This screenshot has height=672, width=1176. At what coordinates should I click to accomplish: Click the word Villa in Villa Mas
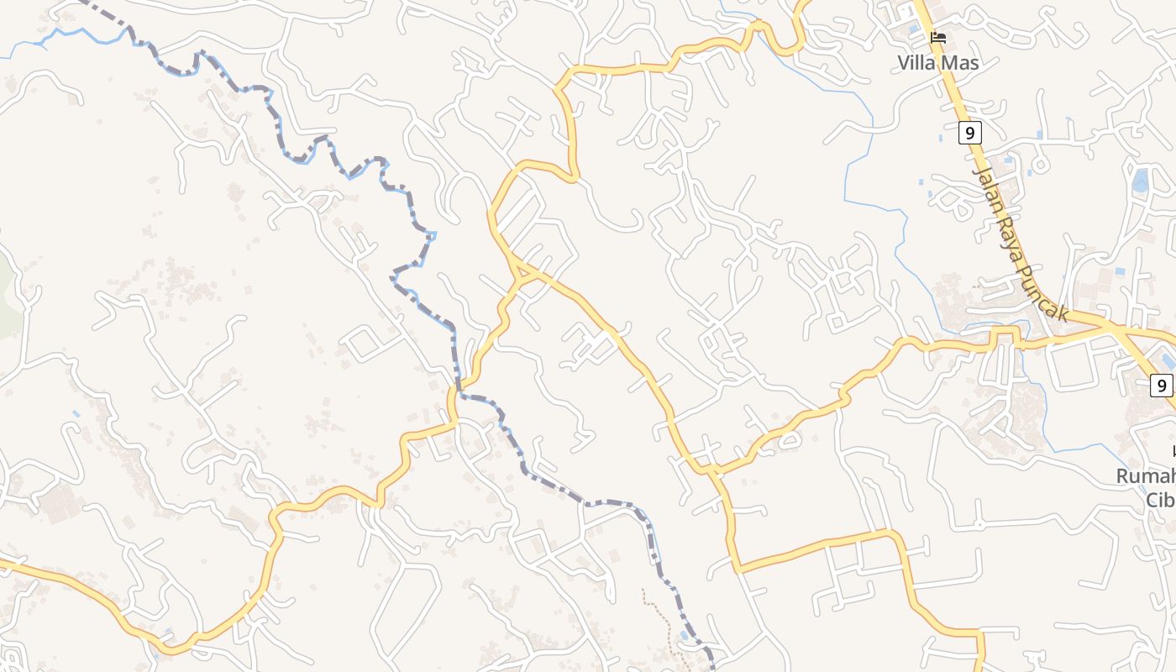click(916, 63)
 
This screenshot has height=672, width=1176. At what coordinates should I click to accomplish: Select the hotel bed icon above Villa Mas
click(938, 38)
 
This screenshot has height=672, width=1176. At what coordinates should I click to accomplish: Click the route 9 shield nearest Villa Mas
click(969, 132)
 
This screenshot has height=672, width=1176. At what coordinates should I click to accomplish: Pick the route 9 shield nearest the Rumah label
click(1162, 386)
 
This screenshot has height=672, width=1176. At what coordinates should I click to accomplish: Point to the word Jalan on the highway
click(988, 189)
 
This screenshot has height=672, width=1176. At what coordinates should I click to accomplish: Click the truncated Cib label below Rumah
click(1160, 500)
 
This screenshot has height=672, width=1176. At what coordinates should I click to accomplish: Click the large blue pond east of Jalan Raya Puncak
click(1140, 181)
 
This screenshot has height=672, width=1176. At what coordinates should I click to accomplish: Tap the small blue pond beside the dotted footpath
click(685, 635)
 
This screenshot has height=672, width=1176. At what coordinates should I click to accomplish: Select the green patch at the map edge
click(7, 294)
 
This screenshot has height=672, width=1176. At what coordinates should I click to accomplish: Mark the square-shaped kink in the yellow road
click(1004, 335)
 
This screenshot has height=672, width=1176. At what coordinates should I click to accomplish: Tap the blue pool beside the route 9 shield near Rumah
click(1168, 361)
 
